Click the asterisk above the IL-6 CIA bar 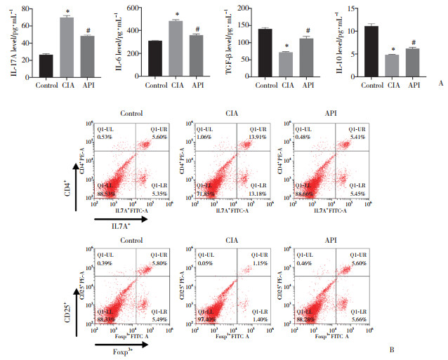(177, 15)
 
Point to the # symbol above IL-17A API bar (88, 30)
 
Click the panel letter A (440, 82)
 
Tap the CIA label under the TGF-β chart (284, 86)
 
